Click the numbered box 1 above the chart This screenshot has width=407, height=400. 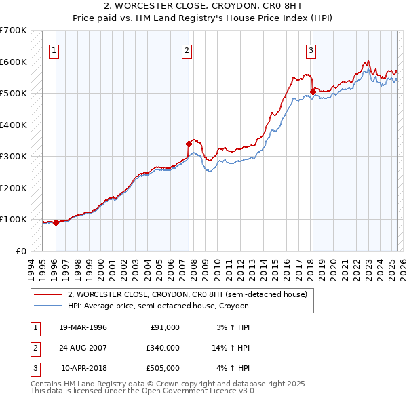54,49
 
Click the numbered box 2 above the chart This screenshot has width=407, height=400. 187,49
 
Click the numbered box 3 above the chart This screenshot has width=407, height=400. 311,49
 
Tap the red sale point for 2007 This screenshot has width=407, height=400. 189,144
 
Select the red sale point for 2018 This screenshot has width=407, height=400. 313,92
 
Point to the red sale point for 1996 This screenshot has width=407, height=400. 56,222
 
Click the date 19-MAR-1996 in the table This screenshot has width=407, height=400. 83,327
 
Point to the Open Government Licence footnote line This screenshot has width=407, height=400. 143,391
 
